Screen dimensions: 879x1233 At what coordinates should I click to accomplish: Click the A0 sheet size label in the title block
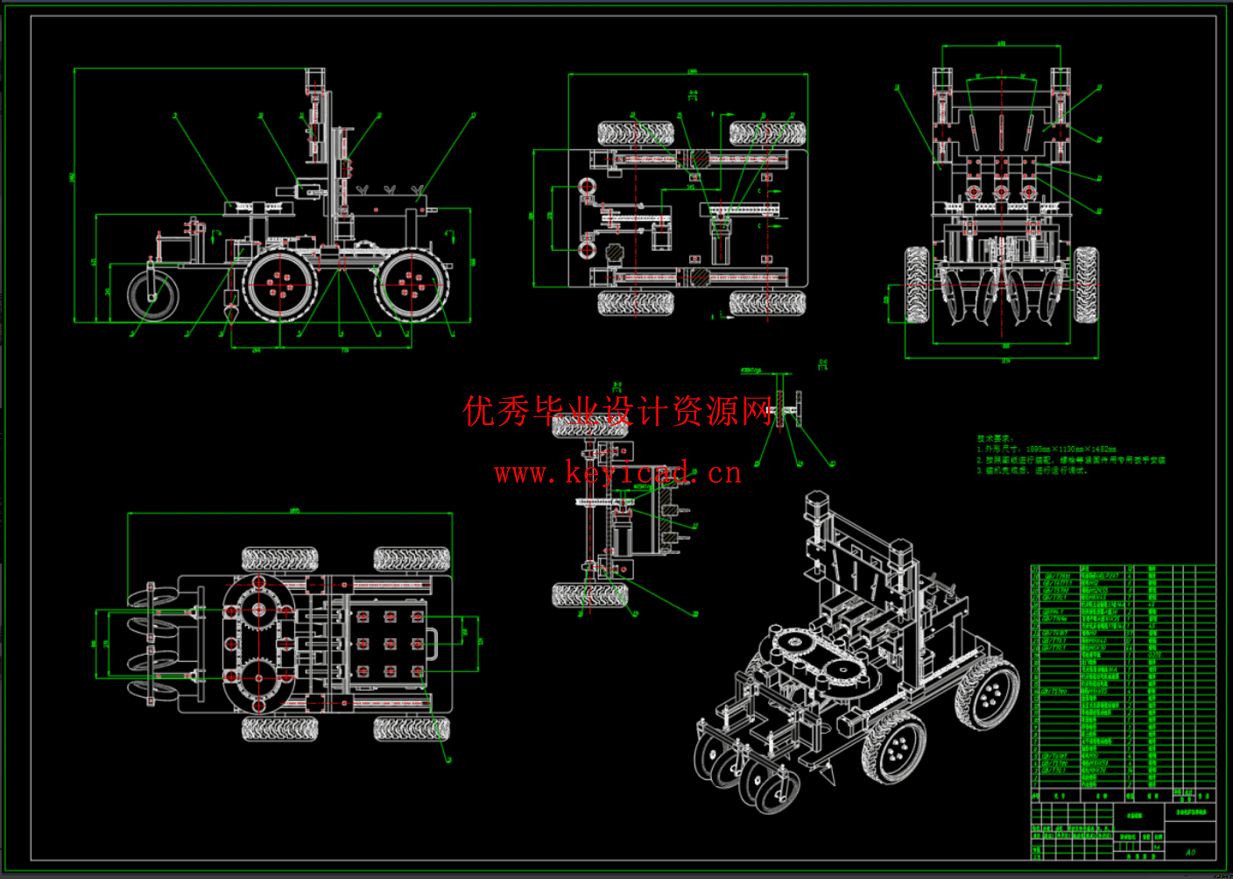[x=1189, y=851]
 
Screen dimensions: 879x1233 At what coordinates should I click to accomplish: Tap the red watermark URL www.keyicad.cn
[x=617, y=473]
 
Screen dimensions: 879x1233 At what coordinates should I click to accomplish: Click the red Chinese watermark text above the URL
[x=617, y=410]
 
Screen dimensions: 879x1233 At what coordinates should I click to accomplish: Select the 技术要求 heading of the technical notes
[x=995, y=438]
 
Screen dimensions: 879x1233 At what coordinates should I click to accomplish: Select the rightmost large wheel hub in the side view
[x=412, y=285]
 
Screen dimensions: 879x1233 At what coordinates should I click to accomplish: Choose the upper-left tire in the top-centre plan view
[x=636, y=133]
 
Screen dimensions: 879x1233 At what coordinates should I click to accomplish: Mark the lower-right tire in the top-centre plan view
[x=767, y=303]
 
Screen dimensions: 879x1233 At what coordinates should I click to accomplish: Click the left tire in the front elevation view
[x=917, y=284]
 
